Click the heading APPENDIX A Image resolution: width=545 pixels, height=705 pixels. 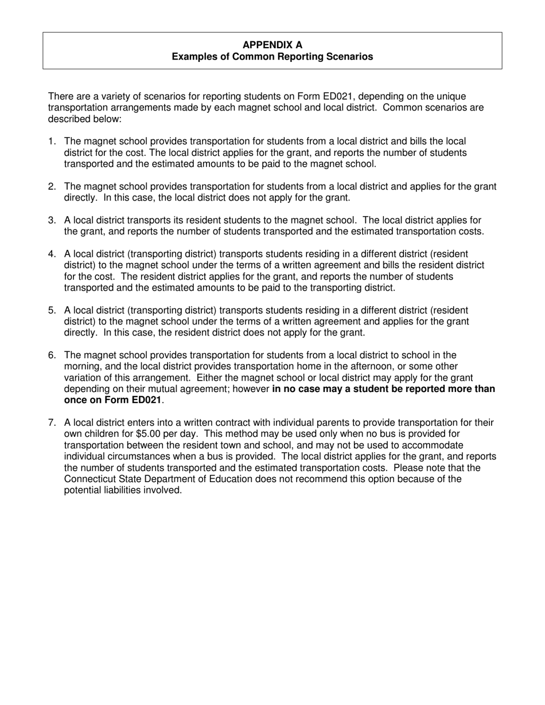[272, 45]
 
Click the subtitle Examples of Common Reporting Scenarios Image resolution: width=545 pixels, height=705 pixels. [272, 57]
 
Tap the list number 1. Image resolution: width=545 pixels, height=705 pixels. [52, 142]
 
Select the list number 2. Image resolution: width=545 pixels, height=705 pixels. [52, 187]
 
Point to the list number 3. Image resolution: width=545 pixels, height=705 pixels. [52, 221]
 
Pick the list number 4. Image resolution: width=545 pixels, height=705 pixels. [52, 254]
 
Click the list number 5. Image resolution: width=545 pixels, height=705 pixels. [52, 311]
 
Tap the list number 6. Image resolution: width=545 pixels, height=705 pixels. [52, 355]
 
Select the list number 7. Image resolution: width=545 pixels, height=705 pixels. [52, 423]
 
